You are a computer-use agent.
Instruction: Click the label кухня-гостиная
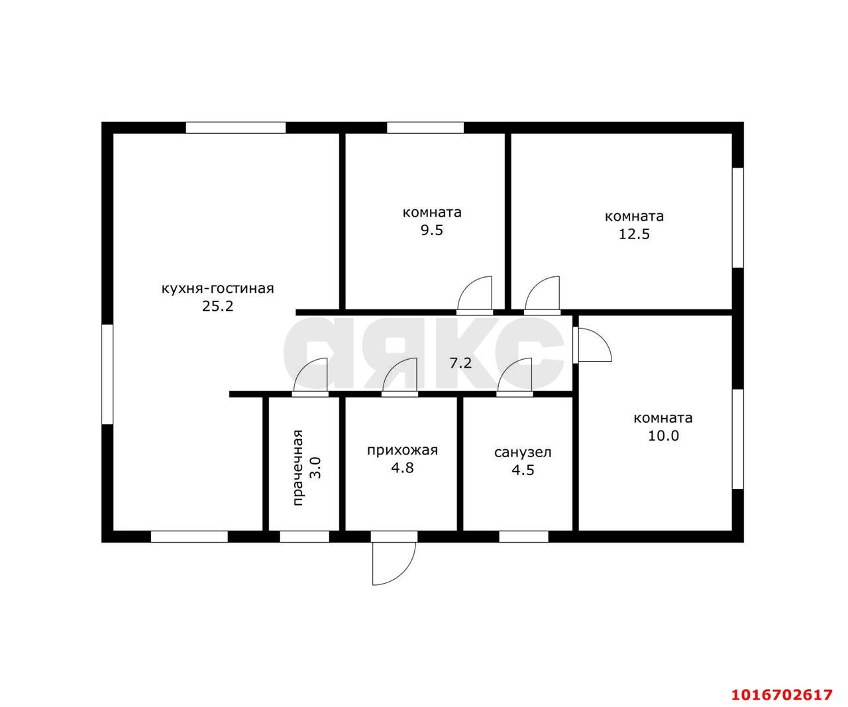(218, 289)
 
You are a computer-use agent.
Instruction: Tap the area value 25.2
(218, 306)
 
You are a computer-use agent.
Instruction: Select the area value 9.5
(432, 231)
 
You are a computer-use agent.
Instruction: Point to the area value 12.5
(634, 235)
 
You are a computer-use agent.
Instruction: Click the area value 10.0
(662, 436)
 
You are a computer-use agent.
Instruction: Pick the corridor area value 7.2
(460, 363)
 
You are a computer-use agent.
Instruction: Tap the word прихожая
(403, 451)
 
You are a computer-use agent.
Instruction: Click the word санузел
(523, 453)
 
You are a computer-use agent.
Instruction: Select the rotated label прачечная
(298, 467)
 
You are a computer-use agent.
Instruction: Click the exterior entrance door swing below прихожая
(394, 563)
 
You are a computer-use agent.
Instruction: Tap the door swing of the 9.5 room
(474, 294)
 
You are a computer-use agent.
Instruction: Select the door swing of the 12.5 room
(542, 294)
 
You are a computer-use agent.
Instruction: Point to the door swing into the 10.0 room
(594, 345)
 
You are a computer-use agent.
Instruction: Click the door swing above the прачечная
(310, 374)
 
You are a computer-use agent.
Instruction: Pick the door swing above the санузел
(515, 374)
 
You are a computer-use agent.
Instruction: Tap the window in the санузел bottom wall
(523, 537)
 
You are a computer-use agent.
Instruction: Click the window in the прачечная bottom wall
(305, 537)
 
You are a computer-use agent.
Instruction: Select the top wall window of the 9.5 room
(425, 128)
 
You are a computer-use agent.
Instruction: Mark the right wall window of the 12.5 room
(738, 218)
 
